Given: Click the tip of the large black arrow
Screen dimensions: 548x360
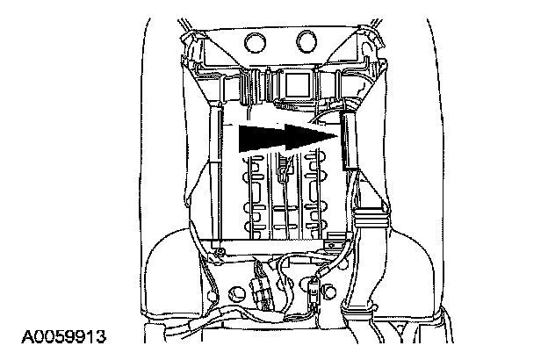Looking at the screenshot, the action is coord(338,134).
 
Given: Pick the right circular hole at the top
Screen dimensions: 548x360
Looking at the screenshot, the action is coord(306,40).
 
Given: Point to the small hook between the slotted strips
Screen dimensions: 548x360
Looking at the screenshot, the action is coord(282,171).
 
